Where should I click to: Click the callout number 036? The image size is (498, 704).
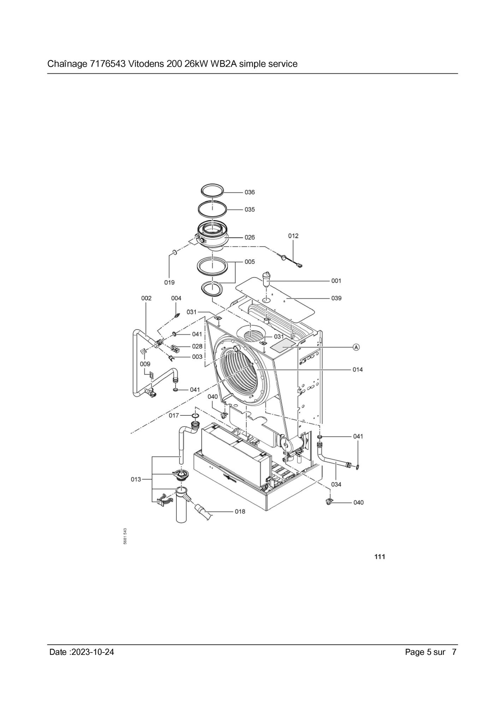tap(249, 192)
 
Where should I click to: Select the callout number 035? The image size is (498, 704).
tap(249, 210)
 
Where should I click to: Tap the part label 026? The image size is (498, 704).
tap(249, 237)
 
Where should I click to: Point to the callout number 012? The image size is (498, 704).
tap(293, 236)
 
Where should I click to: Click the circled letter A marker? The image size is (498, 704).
tap(356, 347)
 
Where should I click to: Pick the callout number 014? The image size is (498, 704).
tap(357, 369)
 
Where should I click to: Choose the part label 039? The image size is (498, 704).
tap(336, 298)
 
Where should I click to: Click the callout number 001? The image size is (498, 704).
tap(336, 281)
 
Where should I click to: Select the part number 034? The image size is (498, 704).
tap(336, 485)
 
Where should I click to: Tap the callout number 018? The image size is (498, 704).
tap(240, 511)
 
